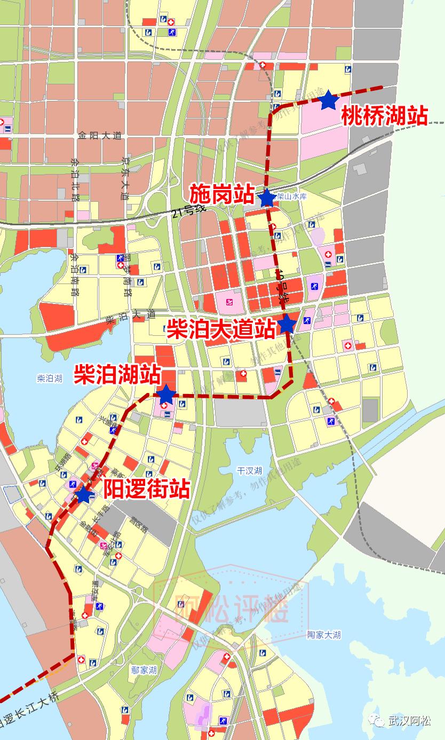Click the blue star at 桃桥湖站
pos(328,100)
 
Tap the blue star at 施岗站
pos(267,198)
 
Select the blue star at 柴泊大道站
pos(287,324)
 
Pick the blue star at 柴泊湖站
pos(166,394)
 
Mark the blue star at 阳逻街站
pos(83,495)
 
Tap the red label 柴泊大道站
pos(221,328)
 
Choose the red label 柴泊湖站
pos(117,374)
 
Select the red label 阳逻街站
pos(147,488)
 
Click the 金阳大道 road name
pos(99,136)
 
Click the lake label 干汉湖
pos(250,470)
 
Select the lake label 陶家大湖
pos(324,635)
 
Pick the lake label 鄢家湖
pos(144,670)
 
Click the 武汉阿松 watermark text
pos(409,721)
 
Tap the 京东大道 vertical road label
pos(125,178)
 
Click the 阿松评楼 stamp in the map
pos(232,608)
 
